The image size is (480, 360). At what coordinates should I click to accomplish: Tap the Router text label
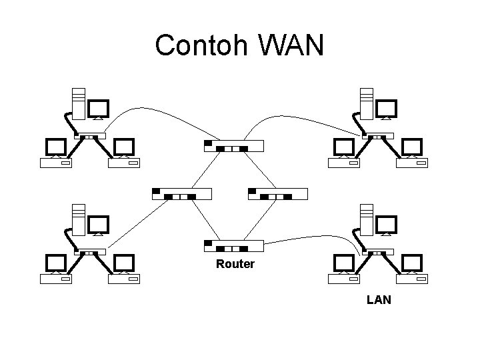point(235,265)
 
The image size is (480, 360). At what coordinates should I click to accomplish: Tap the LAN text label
point(379,300)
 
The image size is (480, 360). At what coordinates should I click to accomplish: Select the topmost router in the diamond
point(233,145)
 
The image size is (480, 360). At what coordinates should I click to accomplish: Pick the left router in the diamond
point(181,194)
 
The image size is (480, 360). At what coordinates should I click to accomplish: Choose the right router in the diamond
point(277,194)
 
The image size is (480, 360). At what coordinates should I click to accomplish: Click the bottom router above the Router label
point(233,245)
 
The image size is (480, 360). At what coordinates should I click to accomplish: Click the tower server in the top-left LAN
point(79,104)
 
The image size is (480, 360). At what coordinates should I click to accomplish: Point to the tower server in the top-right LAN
point(366,104)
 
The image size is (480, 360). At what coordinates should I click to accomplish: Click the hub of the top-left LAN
point(89,137)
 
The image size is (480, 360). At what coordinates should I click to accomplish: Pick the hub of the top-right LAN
point(377,137)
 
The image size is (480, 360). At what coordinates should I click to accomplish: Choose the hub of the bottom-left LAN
point(89,253)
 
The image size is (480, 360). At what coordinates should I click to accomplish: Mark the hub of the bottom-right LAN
point(377,253)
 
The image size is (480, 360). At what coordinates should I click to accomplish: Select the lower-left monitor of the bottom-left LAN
point(55,263)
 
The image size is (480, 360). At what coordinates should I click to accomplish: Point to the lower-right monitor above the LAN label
point(411,263)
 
